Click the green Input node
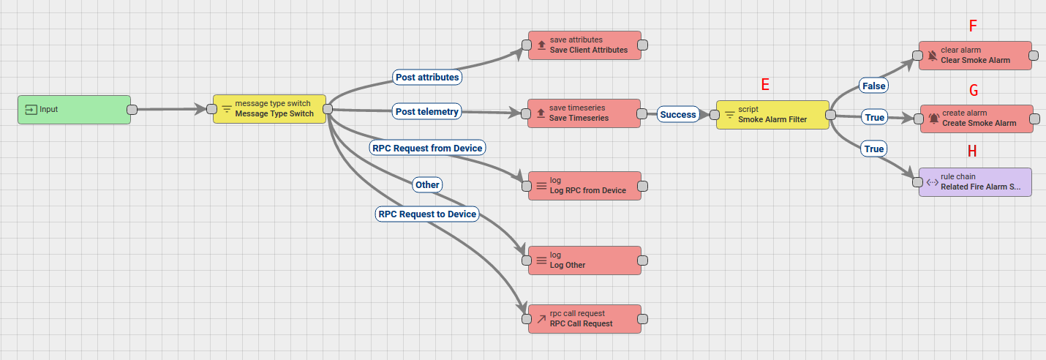tap(74, 110)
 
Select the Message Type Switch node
tap(269, 109)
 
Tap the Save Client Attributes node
tap(584, 45)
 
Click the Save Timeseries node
tap(584, 113)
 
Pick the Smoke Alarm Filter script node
tap(772, 115)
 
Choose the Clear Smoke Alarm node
tap(975, 56)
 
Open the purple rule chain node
tap(975, 182)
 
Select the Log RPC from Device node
tap(584, 186)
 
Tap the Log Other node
tap(584, 260)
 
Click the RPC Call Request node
tap(584, 319)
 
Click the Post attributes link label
tap(427, 77)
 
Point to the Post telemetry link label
tap(427, 111)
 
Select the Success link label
tap(677, 115)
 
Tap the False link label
tap(874, 86)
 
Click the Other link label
tap(427, 184)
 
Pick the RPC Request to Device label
tap(427, 214)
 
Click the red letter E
tap(765, 85)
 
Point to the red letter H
tap(972, 151)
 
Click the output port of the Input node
tap(132, 110)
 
